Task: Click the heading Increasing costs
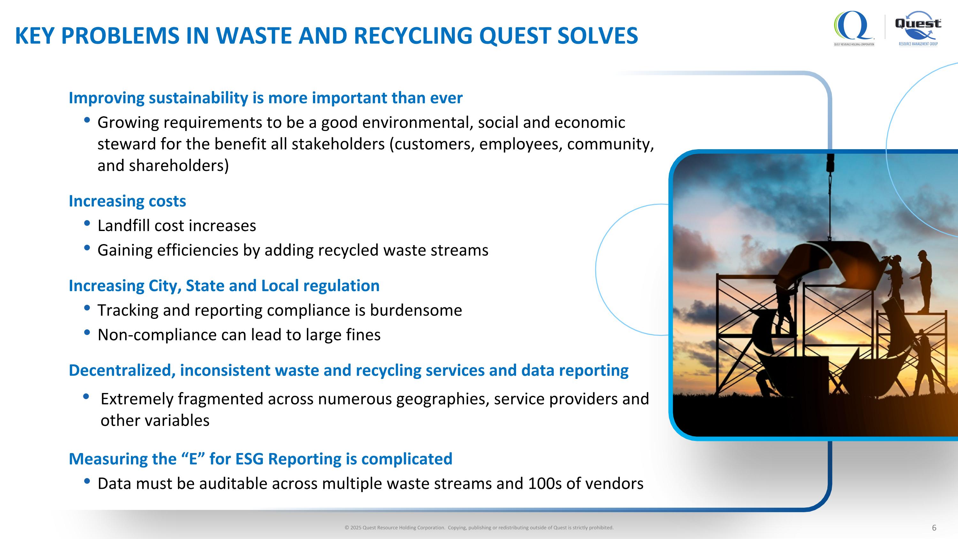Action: point(127,201)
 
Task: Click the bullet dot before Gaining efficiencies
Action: point(87,248)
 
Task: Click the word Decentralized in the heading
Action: point(122,371)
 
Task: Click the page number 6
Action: point(934,528)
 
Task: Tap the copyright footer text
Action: point(479,528)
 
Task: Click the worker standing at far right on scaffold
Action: point(922,279)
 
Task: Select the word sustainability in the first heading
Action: point(198,98)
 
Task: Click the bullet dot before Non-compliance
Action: point(87,332)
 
